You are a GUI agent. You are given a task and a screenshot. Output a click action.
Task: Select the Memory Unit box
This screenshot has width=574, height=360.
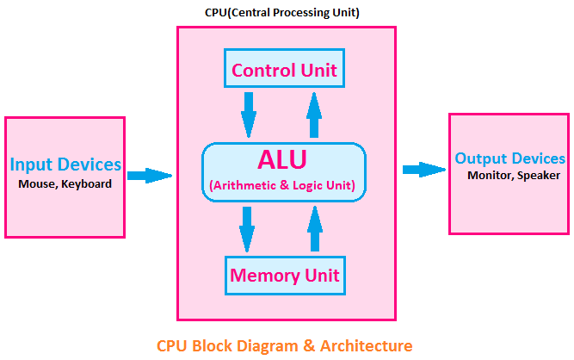pyautogui.click(x=285, y=276)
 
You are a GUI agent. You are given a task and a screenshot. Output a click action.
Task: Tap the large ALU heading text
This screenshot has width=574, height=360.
pyautogui.click(x=283, y=160)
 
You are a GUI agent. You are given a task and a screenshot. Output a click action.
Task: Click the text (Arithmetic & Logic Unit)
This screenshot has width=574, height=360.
pyautogui.click(x=283, y=185)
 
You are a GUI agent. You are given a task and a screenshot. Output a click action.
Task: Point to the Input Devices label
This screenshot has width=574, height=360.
pyautogui.click(x=65, y=164)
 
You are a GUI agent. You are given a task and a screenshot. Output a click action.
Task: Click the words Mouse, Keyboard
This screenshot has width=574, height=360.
pyautogui.click(x=65, y=183)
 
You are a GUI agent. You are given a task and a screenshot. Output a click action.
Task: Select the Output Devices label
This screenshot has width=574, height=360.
pyautogui.click(x=509, y=158)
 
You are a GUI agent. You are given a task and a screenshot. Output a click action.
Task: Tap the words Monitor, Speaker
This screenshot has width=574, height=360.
pyautogui.click(x=514, y=175)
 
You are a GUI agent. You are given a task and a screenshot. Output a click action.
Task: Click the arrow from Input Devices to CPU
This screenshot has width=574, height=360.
pyautogui.click(x=150, y=176)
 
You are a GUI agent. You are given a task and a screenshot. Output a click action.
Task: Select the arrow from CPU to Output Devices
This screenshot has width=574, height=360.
pyautogui.click(x=423, y=169)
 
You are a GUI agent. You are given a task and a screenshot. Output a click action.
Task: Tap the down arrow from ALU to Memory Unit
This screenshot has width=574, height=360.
pyautogui.click(x=248, y=229)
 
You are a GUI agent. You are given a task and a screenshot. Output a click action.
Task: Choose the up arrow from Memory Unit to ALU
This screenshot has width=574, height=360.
pyautogui.click(x=315, y=229)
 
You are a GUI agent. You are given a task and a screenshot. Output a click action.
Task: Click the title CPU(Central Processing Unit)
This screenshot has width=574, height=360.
pyautogui.click(x=282, y=12)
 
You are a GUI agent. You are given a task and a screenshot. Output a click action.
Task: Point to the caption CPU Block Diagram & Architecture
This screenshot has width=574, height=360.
pyautogui.click(x=284, y=345)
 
